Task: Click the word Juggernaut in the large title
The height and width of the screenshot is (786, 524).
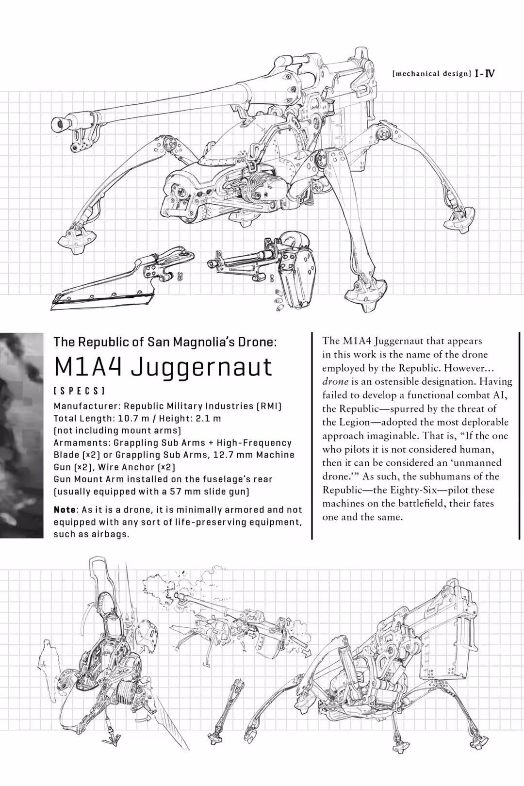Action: [x=201, y=367]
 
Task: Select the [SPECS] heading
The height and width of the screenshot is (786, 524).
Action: [x=79, y=391]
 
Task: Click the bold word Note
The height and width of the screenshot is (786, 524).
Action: [x=65, y=510]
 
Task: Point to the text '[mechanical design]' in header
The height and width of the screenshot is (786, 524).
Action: [x=431, y=74]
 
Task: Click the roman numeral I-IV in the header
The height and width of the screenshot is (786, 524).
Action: [x=485, y=74]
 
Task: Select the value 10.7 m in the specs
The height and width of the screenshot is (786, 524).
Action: [x=133, y=418]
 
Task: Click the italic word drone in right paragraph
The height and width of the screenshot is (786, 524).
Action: [x=335, y=381]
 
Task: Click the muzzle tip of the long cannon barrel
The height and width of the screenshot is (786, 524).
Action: [x=59, y=124]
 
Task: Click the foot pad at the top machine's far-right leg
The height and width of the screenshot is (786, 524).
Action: [x=459, y=217]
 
